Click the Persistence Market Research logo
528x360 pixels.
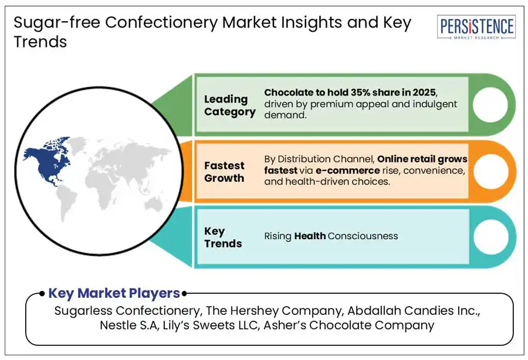point(476,27)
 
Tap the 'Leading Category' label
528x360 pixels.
point(229,106)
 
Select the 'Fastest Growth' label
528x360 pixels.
point(224,172)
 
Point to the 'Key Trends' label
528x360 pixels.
point(223,237)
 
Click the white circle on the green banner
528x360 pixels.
point(490,104)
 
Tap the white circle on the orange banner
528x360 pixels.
point(490,171)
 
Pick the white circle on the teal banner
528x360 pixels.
point(490,237)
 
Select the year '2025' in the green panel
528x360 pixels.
point(424,92)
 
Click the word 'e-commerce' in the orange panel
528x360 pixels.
point(347,171)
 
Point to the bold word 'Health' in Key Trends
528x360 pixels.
point(310,236)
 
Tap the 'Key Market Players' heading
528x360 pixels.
point(114,293)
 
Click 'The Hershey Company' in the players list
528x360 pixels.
point(274,311)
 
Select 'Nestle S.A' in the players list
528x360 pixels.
point(129,325)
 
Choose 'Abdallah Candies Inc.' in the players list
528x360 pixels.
point(414,311)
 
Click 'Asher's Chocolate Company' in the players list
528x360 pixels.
point(349,325)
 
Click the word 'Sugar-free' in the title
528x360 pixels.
point(57,23)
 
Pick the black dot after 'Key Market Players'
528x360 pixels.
point(184,294)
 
